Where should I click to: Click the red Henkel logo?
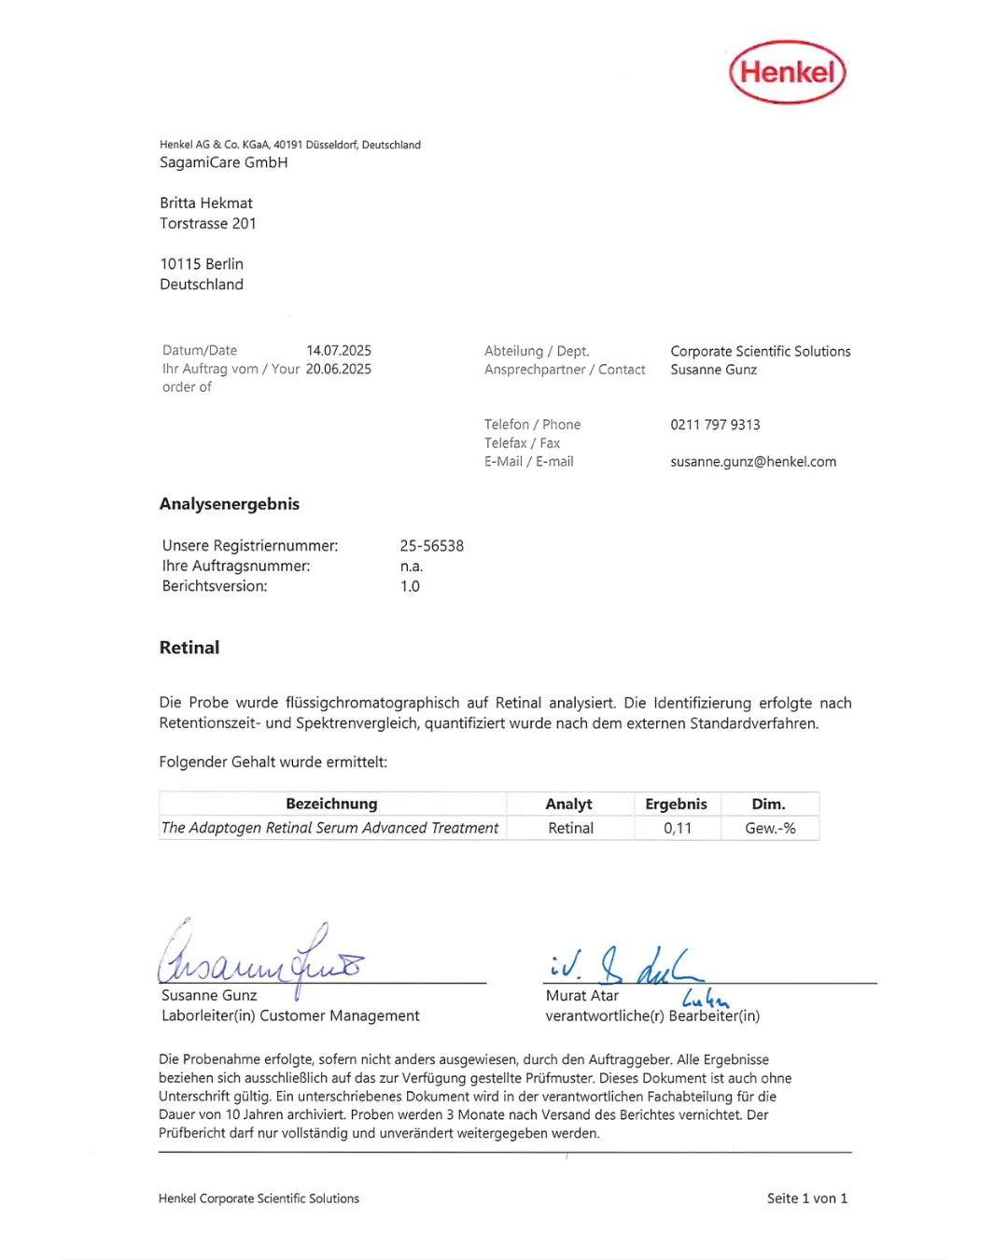tap(787, 72)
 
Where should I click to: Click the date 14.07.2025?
tap(339, 350)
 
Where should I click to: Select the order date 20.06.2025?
tap(339, 369)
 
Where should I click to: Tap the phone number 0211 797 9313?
tap(715, 425)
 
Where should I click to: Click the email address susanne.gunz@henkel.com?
tap(753, 461)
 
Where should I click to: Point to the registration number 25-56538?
tap(431, 546)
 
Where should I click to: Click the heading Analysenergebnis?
tap(230, 504)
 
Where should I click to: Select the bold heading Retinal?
tap(189, 648)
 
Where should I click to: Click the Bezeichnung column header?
tap(331, 804)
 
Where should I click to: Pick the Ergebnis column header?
tap(676, 804)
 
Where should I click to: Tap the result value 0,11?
tap(678, 828)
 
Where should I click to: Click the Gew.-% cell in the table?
tap(770, 828)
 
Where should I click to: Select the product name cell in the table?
tap(330, 828)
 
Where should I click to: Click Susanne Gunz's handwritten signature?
tap(261, 957)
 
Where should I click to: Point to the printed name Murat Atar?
tap(581, 996)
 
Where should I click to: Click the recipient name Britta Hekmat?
tap(206, 203)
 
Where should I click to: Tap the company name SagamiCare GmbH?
tap(224, 162)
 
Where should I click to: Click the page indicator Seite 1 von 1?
tap(807, 1198)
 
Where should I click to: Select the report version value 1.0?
tap(410, 586)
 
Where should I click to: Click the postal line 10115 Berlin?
tap(202, 264)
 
